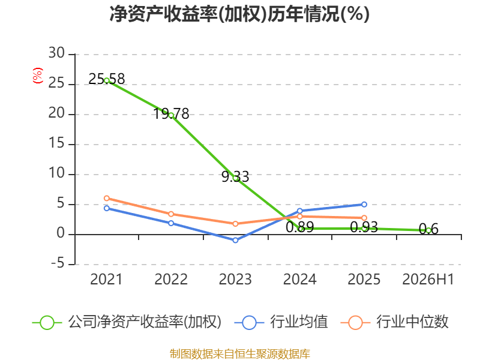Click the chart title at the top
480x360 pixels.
click(239, 14)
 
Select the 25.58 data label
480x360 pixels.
click(107, 79)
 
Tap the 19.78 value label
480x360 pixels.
click(171, 114)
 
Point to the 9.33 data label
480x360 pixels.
click(235, 177)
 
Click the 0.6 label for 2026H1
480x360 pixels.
click(428, 229)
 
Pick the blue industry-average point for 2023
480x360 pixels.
click(235, 241)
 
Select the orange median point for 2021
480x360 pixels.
click(107, 199)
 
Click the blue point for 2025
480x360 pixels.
click(364, 205)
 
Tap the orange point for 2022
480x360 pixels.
click(171, 214)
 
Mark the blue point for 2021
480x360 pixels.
click(107, 208)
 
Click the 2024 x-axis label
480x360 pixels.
click(299, 280)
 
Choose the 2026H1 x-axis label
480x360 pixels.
click(428, 280)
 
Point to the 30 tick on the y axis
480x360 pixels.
click(56, 53)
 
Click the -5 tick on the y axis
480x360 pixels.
click(58, 263)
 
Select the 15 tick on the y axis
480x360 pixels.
click(56, 143)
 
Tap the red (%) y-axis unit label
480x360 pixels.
click(38, 76)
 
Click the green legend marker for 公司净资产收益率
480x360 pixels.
click(47, 323)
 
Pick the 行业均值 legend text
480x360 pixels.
click(299, 322)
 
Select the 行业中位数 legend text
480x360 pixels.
click(412, 322)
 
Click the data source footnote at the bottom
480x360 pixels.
click(240, 354)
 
